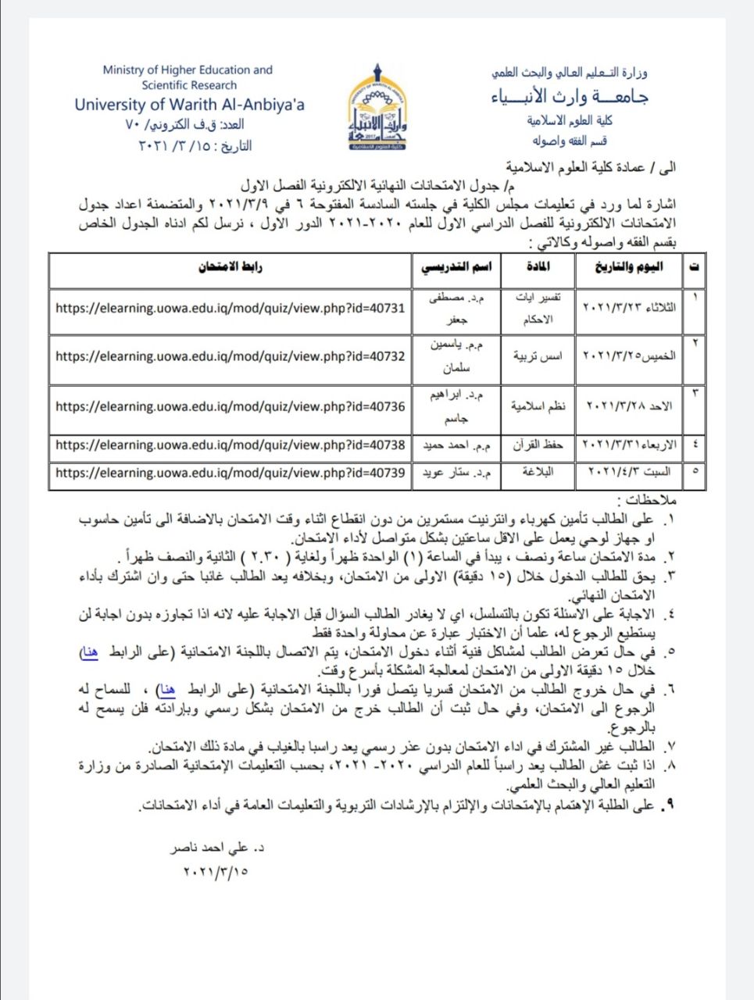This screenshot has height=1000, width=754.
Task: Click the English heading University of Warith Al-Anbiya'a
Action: [x=190, y=105]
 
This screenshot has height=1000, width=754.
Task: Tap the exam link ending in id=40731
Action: [x=230, y=308]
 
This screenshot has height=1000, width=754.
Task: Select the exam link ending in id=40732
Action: [x=230, y=356]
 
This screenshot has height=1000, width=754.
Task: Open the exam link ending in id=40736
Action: [x=230, y=406]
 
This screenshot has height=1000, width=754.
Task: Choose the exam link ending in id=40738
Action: [x=230, y=445]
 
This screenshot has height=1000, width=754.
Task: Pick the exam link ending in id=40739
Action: [x=230, y=473]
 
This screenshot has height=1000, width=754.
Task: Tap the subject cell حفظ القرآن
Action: [x=538, y=445]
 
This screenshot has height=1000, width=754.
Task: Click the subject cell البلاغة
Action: [x=541, y=473]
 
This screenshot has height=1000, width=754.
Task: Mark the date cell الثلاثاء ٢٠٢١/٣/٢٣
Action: [x=630, y=308]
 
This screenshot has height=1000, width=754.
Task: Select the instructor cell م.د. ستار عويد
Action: [x=457, y=473]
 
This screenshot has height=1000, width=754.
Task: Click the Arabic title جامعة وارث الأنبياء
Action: [x=569, y=98]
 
